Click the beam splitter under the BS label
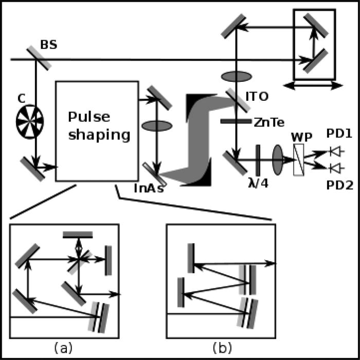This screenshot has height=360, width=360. click(37, 59)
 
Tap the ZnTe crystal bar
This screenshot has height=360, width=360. click(235, 121)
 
